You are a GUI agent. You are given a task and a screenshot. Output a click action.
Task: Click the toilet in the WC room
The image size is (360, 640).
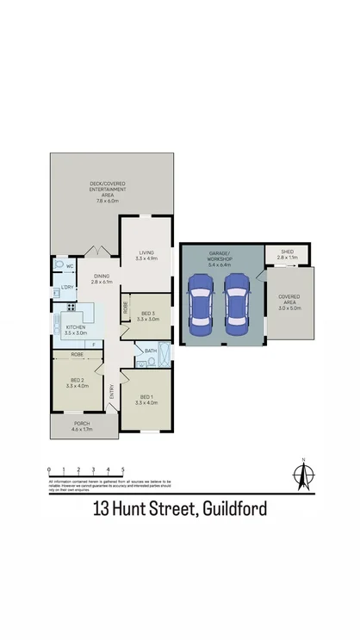coord(59,266)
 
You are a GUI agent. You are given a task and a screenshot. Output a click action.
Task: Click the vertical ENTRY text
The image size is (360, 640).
coord(111,391)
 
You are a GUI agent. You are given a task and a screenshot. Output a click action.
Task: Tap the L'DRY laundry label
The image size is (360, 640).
coord(66,287)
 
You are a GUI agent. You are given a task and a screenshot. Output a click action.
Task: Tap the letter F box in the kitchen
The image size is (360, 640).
coord(94,343)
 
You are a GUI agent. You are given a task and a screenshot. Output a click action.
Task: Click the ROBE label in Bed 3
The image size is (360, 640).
coord(125,306)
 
